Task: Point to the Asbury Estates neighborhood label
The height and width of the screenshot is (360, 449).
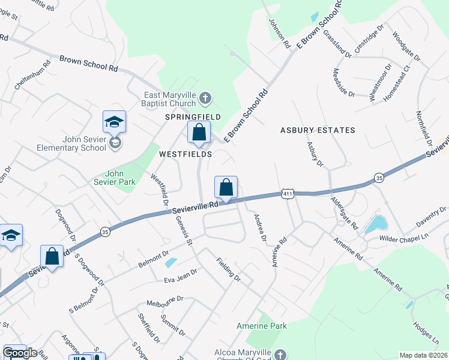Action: [318, 130]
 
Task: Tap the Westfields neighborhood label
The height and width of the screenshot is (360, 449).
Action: [185, 154]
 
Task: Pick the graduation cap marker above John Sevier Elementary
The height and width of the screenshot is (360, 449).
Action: [114, 122]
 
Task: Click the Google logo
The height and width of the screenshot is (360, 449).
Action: [20, 352]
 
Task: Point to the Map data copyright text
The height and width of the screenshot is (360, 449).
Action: [424, 355]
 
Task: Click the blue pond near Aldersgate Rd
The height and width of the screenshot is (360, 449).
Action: [376, 224]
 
